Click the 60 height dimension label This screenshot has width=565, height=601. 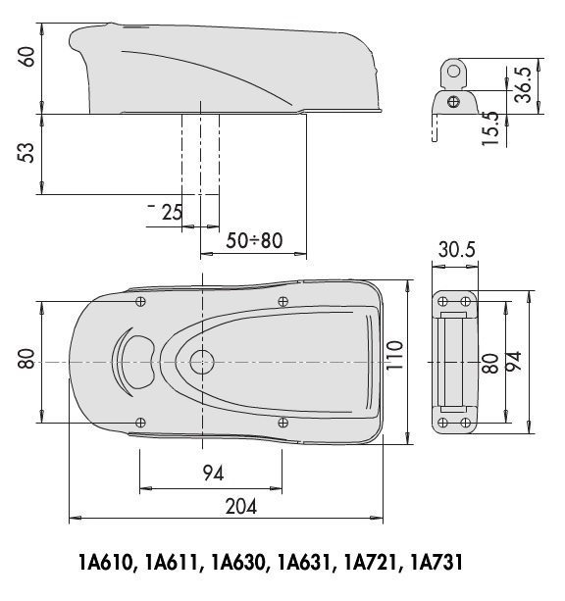pos(27,57)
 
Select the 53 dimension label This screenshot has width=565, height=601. pos(27,153)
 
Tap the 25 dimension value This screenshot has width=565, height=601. pos(172,213)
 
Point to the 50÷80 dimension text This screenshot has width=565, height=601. pos(254,241)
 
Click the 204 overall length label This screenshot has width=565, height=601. pos(241,506)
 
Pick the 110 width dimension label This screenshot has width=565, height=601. pos(394,355)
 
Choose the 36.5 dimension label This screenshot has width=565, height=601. pos(523,85)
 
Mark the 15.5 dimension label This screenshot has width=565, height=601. pos(490,128)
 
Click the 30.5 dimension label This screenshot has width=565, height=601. pos(456,249)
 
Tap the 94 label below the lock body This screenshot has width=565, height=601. pos(213,473)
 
